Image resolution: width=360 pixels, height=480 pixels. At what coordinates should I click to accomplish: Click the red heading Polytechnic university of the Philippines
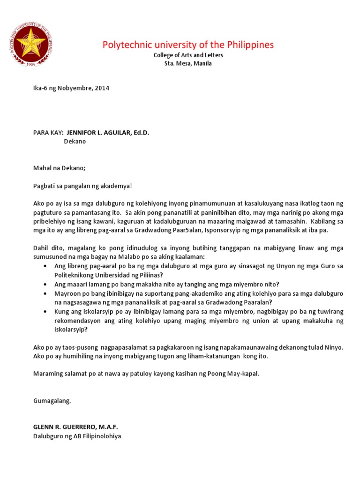tap(188, 45)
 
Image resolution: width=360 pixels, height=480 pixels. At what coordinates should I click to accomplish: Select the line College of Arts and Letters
tap(188, 55)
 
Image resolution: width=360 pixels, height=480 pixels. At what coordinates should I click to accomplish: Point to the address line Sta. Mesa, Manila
tap(188, 64)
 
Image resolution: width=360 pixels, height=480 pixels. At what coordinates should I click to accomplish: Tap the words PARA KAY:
tap(48, 133)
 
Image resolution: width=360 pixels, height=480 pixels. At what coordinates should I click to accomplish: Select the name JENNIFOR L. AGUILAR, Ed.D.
tap(107, 133)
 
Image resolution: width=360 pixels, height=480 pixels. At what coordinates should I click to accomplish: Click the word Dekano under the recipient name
tap(75, 141)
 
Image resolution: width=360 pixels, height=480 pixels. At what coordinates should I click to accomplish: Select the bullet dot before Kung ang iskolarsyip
tap(45, 311)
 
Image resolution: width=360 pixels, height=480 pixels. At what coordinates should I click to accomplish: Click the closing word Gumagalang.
tap(52, 401)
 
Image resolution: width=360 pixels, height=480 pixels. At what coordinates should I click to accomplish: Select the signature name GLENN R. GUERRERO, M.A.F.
tap(75, 427)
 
